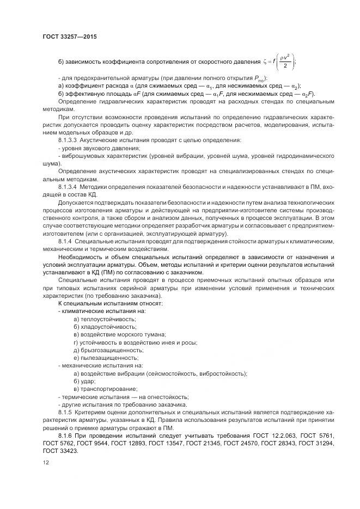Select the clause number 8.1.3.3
[x=68, y=140]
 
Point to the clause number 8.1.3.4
[x=68, y=187]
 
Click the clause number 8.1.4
[x=64, y=240]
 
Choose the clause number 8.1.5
[x=64, y=413]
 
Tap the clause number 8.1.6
[x=64, y=437]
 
